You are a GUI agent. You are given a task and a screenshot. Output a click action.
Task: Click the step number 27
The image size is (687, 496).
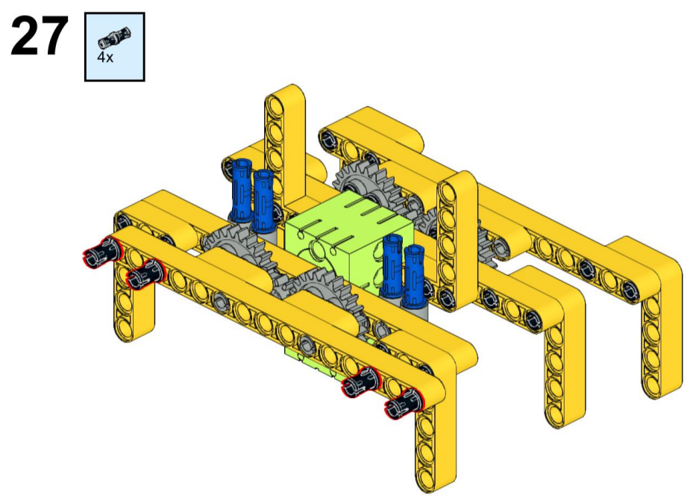(x=40, y=36)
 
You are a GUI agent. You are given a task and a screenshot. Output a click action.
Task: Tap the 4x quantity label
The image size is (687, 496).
(x=105, y=57)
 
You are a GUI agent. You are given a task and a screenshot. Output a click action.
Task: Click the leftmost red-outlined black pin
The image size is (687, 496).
(x=101, y=252)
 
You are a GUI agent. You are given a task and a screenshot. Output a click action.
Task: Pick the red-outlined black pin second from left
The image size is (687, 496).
(x=145, y=274)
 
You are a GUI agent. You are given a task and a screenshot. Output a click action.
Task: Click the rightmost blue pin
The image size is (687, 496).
(x=414, y=276)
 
